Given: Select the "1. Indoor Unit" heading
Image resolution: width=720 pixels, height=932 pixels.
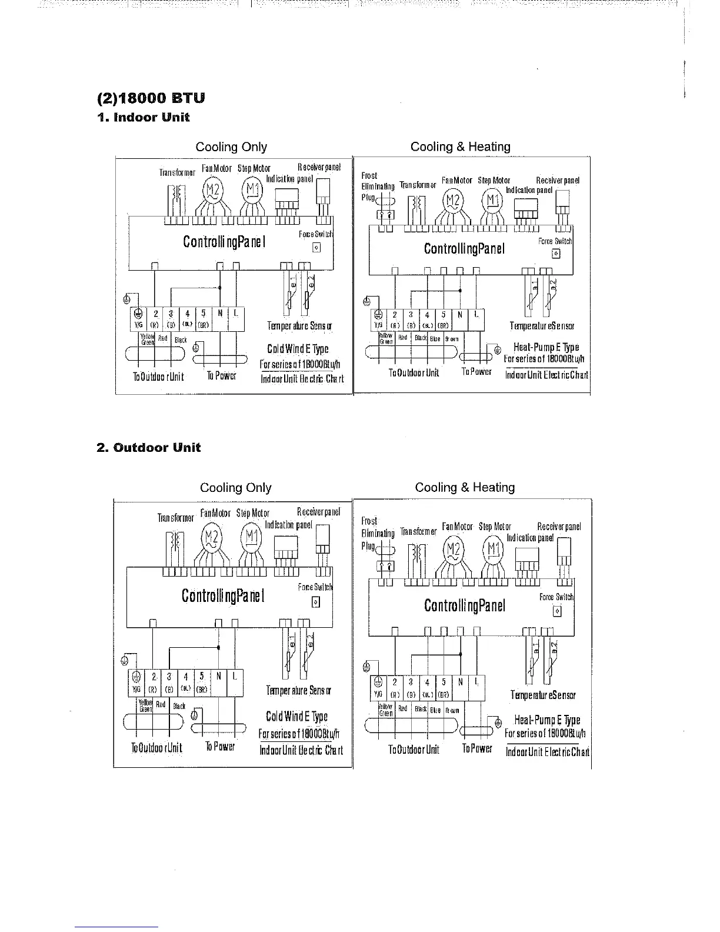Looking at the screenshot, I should point(144,117).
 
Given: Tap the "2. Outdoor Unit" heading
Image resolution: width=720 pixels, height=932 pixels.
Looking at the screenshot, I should point(149,448).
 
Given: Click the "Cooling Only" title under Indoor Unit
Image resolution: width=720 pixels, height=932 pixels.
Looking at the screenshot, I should point(231,147).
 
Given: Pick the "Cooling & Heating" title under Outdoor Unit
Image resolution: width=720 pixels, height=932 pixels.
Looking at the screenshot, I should point(465,487).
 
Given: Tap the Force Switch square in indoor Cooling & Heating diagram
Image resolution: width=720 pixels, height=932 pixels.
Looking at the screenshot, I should point(556,254).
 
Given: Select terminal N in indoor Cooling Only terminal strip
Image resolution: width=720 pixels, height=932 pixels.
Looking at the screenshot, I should point(219,313).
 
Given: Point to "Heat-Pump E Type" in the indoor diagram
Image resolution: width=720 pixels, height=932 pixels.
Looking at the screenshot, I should point(546,347).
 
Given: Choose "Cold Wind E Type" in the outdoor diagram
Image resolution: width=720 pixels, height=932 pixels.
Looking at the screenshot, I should point(296,716).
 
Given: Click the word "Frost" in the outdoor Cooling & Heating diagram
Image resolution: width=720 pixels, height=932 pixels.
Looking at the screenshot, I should point(369,521).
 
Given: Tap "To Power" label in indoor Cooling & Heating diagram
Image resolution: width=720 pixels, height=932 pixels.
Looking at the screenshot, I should point(476,372).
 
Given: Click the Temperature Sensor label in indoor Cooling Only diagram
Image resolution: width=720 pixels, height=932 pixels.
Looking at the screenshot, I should point(299,326).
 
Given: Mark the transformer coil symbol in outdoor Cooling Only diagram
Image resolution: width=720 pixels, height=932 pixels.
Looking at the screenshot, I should point(176,542).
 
